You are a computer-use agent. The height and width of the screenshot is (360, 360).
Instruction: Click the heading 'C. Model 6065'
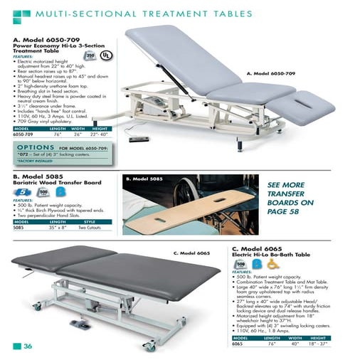[259, 248]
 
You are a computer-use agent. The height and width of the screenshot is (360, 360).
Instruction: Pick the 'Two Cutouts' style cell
[92, 228]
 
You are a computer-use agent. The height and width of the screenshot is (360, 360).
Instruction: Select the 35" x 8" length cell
[58, 228]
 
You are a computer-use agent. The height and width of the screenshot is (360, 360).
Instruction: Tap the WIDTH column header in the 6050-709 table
[79, 128]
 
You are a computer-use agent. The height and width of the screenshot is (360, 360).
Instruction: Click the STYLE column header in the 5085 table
[90, 223]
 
